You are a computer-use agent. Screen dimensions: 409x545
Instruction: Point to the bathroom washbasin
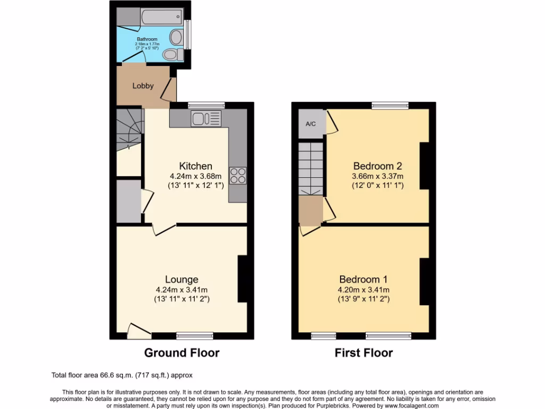point(175,37)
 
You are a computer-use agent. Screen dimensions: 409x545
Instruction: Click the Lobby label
point(143,86)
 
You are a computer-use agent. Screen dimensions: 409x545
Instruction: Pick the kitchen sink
point(206,118)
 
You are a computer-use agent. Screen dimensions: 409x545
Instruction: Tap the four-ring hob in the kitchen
point(237,176)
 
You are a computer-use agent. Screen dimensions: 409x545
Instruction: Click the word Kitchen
point(195,166)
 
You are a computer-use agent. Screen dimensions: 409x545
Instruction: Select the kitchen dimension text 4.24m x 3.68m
point(195,176)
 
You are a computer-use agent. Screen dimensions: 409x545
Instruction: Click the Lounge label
point(181,280)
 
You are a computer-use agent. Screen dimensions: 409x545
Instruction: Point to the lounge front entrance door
point(138,332)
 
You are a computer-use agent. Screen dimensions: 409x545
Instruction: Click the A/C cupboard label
point(311,124)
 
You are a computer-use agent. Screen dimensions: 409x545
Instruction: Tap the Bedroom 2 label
point(377,166)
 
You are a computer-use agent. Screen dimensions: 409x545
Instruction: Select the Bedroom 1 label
point(364,280)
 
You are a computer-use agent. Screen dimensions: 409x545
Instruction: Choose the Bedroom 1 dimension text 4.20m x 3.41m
point(364,290)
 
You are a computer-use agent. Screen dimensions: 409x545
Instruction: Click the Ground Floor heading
point(182,353)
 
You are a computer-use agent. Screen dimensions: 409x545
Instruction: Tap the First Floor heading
point(364,353)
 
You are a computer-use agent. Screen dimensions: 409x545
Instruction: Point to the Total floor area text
point(126,375)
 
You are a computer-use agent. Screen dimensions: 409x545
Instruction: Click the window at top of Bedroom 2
point(390,105)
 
